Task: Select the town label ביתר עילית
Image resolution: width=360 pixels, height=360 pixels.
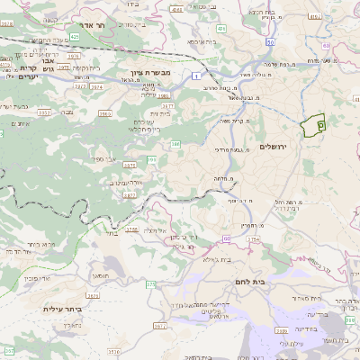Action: point(62,309)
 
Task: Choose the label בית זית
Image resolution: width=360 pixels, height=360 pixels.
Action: point(160,114)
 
